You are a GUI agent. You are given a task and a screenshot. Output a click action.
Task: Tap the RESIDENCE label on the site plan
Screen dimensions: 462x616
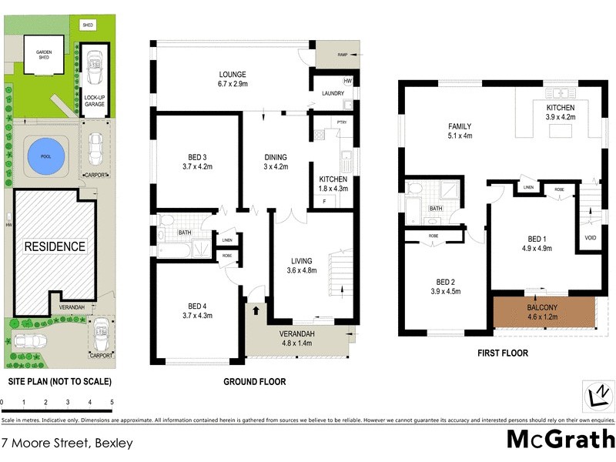[x=55, y=247]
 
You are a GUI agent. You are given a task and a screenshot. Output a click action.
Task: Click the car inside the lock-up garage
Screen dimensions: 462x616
[x=96, y=63]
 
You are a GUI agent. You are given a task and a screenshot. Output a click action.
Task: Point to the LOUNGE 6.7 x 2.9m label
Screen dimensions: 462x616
[x=231, y=79]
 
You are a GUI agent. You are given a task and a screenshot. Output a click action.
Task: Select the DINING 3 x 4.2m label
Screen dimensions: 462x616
[x=275, y=160]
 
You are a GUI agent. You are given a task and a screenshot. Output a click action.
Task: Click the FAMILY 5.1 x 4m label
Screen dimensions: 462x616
[x=460, y=132]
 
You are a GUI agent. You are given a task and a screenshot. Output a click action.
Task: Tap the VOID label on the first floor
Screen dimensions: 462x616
[x=590, y=237]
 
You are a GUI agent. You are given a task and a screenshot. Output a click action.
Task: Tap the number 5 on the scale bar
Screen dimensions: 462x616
[x=112, y=402]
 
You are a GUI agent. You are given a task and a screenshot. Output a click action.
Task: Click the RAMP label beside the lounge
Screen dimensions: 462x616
[x=342, y=55]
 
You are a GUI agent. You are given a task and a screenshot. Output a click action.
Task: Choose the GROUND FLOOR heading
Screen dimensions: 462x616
[x=254, y=381]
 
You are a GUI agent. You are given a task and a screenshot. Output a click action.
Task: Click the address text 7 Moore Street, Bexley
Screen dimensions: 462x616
[x=68, y=443]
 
